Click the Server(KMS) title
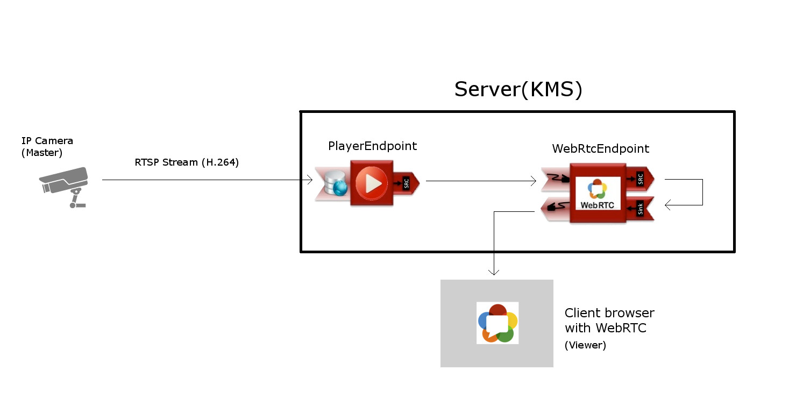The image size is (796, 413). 518,89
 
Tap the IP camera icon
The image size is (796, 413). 65,186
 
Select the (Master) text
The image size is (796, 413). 42,153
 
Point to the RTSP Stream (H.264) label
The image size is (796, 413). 187,162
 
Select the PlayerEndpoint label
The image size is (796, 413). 372,146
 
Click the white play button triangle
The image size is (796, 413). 373,184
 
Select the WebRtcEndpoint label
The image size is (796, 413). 600,148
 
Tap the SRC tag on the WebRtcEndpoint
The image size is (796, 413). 640,179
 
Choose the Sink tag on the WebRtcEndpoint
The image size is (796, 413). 640,209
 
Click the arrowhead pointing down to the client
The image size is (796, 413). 494,272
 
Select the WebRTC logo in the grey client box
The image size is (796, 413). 497,323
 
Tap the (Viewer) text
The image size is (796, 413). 585,345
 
